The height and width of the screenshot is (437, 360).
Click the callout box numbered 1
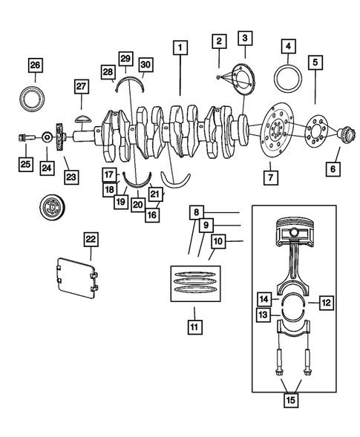point(179,47)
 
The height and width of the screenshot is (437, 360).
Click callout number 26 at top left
point(35,65)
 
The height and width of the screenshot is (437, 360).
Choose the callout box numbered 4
point(287,47)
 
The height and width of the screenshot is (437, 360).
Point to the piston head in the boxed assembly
point(294,237)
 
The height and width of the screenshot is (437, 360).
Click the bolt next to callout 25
point(24,137)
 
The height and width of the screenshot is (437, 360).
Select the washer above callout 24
point(47,137)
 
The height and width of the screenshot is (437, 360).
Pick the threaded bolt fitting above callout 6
point(344,135)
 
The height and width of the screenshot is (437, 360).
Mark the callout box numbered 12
point(324,302)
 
